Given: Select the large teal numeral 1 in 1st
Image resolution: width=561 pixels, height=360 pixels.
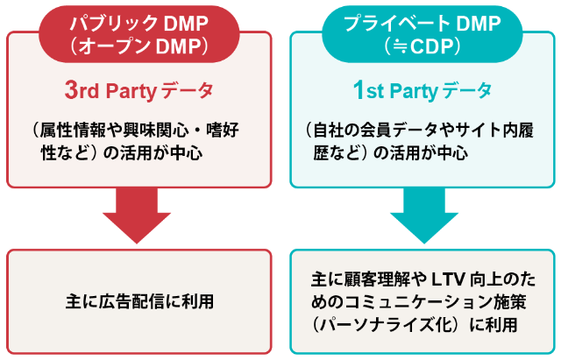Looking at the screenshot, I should pyautogui.click(x=358, y=89).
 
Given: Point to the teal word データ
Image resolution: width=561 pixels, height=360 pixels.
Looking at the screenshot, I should pyautogui.click(x=467, y=91).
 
